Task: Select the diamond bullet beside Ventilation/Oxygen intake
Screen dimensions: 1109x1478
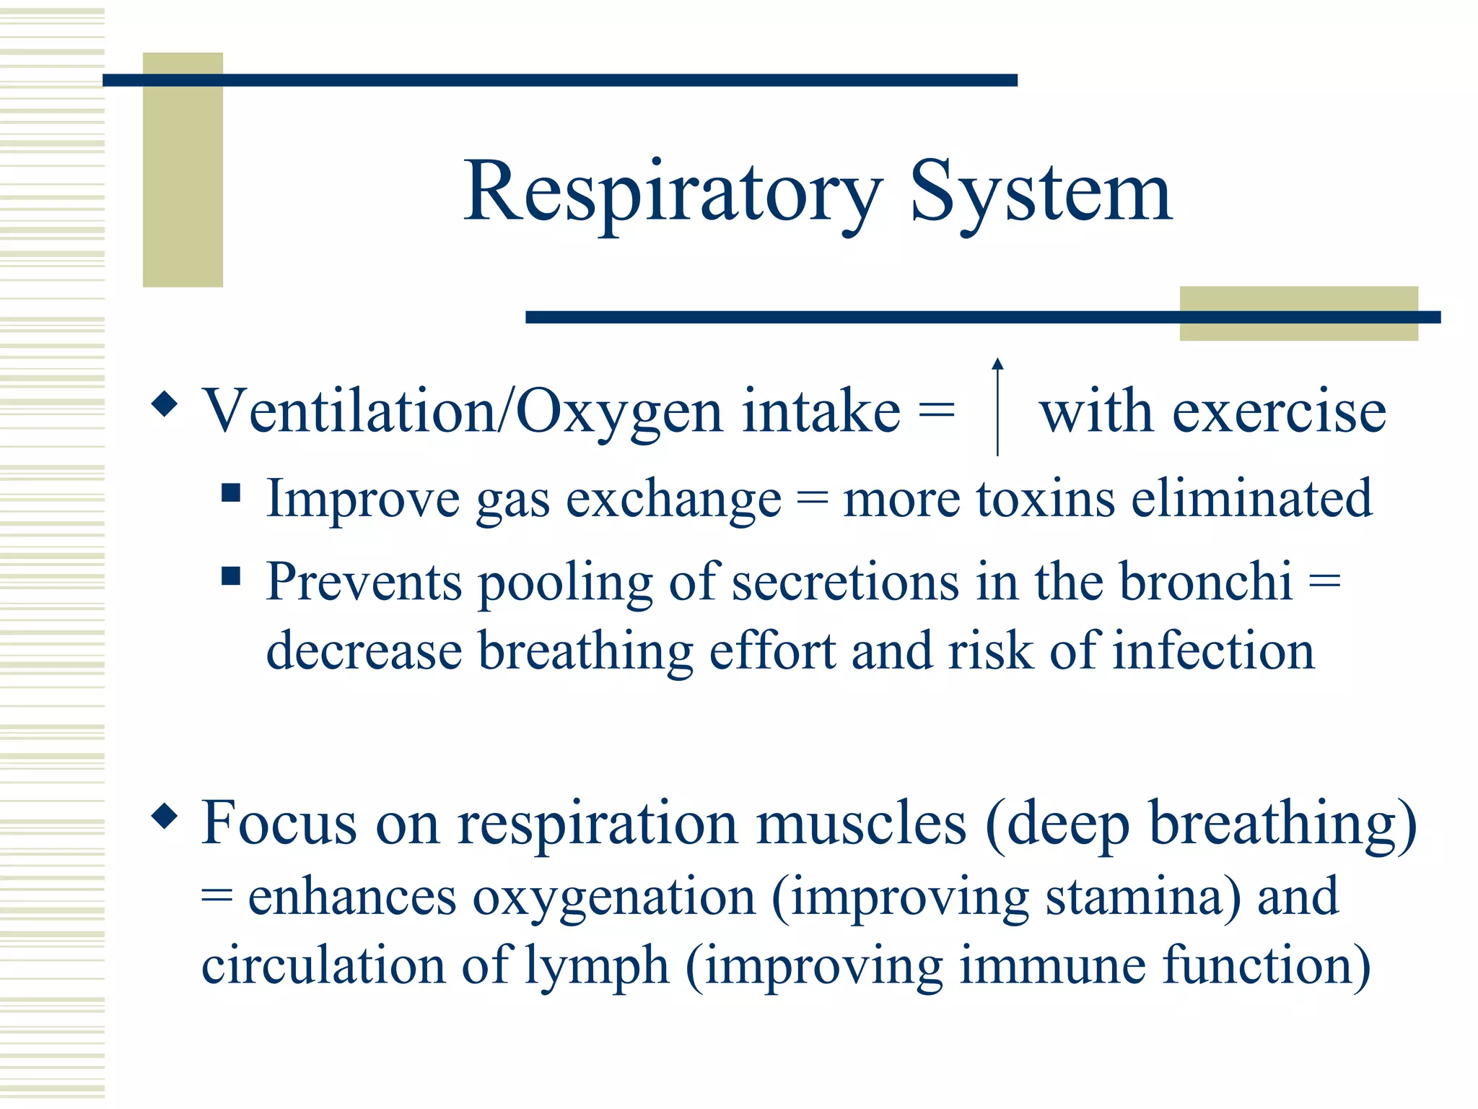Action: (x=165, y=404)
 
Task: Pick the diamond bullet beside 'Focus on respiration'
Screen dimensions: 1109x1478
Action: (x=165, y=816)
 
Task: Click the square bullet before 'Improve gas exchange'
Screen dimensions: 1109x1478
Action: (x=231, y=493)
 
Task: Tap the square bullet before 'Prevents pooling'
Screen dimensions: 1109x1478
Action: (x=231, y=576)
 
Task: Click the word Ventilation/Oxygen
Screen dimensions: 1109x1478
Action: (x=463, y=412)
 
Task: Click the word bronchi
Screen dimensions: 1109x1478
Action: (x=1205, y=581)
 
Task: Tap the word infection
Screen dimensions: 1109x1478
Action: (x=1213, y=651)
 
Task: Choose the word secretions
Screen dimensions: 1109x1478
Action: (x=845, y=581)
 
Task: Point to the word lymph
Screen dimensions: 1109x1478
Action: (x=596, y=966)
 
